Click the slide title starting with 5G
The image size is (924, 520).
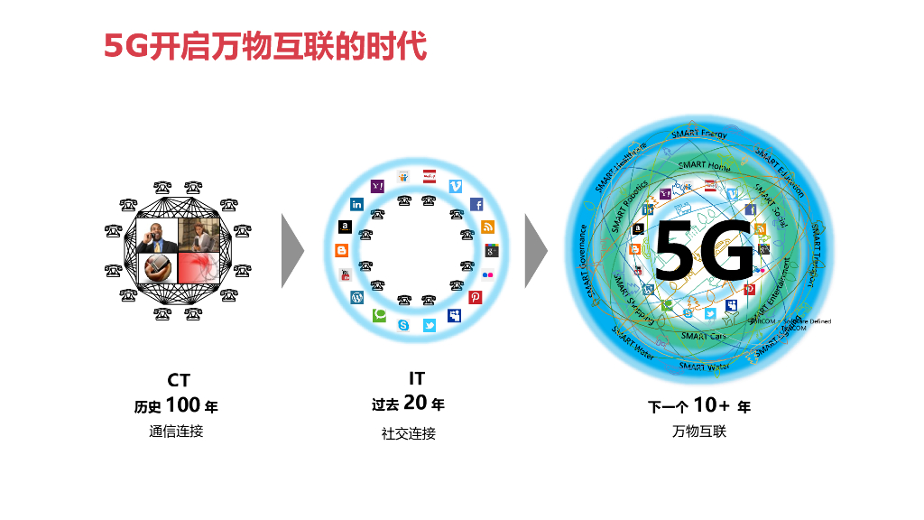[264, 45]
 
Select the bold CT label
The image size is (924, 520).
[179, 381]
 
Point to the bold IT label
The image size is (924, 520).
[416, 378]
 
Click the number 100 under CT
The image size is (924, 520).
[183, 405]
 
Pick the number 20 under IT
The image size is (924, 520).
[415, 403]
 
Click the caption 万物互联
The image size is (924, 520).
[699, 432]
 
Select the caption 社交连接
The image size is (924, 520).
[408, 433]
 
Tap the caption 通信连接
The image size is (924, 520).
[177, 431]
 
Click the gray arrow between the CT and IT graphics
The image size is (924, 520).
[291, 251]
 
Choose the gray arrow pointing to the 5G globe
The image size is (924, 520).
[536, 251]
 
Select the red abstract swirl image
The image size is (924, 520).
[198, 268]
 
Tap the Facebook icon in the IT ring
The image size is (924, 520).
[476, 204]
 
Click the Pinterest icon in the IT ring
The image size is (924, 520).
[476, 297]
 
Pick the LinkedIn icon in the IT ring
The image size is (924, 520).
[357, 204]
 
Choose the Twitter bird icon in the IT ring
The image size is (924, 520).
[430, 325]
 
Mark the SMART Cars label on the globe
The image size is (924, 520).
[704, 336]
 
